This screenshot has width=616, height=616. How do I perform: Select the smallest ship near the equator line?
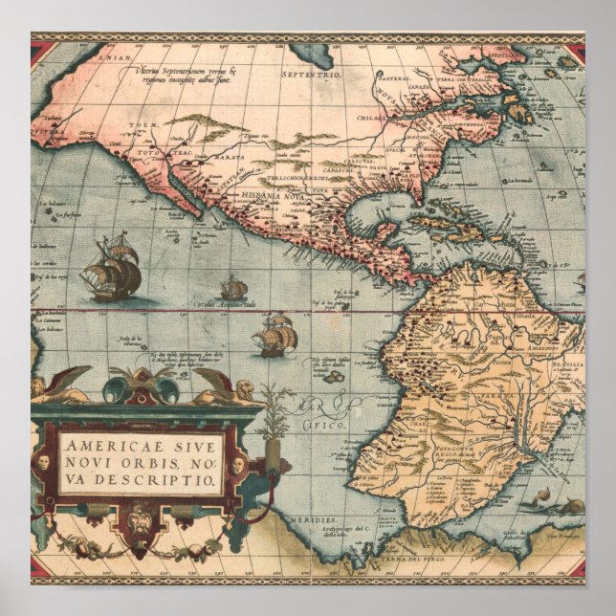pyautogui.click(x=232, y=287)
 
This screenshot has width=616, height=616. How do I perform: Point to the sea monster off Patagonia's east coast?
pyautogui.click(x=572, y=507)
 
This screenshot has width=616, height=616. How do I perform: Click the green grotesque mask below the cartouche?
pyautogui.click(x=142, y=527)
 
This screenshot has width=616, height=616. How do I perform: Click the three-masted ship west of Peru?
pyautogui.click(x=275, y=335)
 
